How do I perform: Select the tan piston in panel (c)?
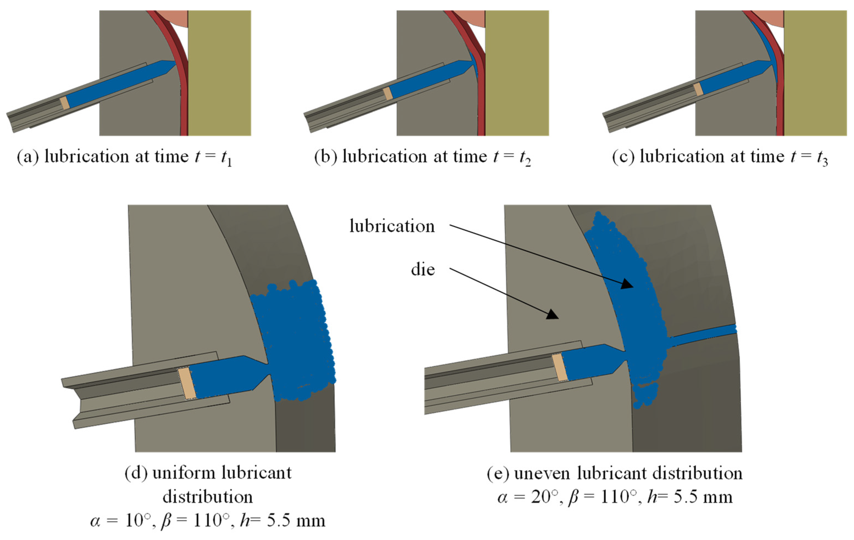click(698, 89)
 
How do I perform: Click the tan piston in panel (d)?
click(187, 384)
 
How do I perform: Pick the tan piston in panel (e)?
click(560, 367)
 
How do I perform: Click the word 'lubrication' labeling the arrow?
click(392, 226)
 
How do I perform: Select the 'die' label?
click(423, 270)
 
